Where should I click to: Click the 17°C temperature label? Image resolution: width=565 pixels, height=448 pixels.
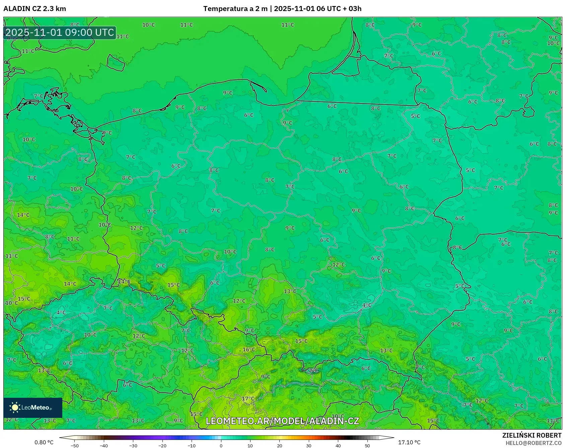point(248,398)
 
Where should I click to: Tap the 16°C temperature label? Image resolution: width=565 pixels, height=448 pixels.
point(249,350)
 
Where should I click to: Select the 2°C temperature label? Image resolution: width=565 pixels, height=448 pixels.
point(313,370)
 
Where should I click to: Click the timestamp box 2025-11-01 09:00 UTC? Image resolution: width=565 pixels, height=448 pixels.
point(60,32)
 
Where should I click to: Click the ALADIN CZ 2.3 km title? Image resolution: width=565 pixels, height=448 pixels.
point(34,9)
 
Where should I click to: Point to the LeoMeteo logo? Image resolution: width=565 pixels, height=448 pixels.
point(32,407)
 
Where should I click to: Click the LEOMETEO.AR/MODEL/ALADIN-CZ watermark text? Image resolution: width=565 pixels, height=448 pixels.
point(282,421)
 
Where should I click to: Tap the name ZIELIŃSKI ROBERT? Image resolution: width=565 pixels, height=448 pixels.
point(532,435)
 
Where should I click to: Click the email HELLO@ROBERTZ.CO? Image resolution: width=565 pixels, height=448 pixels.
point(533,443)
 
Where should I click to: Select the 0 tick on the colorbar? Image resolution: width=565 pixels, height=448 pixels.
point(221,445)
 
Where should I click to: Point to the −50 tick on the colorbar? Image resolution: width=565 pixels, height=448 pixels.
point(75,445)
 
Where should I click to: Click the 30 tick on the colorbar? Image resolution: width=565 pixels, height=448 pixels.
point(308,445)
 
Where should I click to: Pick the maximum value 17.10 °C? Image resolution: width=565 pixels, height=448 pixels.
point(409,442)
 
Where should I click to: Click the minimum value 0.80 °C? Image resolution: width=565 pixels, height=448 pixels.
point(44,442)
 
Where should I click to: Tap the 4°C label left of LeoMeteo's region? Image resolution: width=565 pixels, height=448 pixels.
point(61,312)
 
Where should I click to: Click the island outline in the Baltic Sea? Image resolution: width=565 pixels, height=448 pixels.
point(116,63)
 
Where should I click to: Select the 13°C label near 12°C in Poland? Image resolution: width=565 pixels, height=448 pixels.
point(290,291)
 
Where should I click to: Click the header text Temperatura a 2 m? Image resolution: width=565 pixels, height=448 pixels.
point(235,9)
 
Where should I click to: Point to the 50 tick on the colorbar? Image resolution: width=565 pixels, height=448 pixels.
point(367,445)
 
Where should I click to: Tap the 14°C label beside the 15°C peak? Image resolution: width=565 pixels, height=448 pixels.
point(124,282)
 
